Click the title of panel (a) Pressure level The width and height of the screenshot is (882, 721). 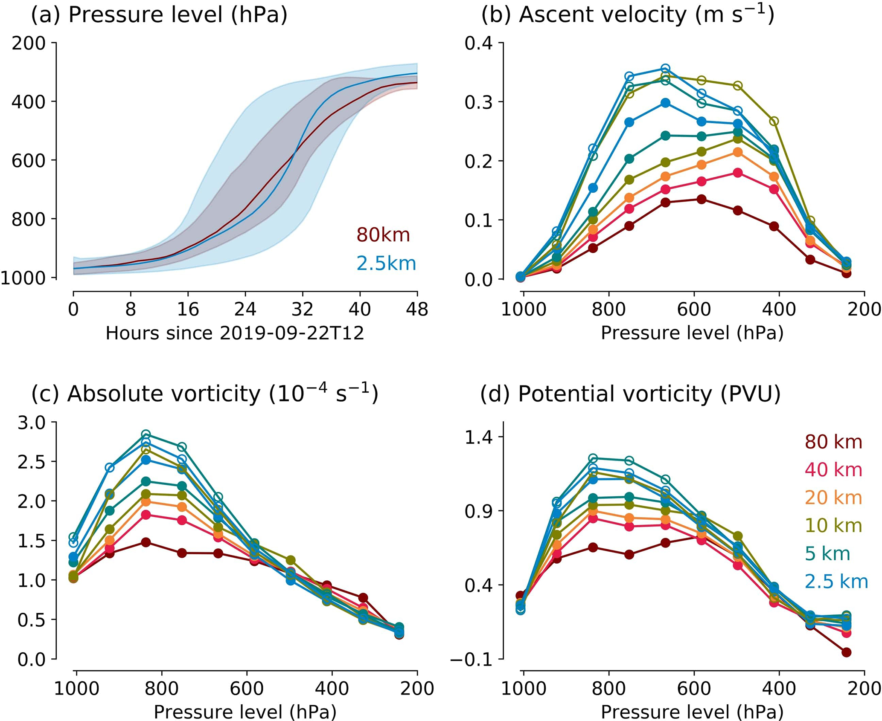tap(159, 15)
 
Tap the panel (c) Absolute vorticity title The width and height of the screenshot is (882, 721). tap(204, 394)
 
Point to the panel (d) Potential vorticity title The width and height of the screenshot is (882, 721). tap(630, 394)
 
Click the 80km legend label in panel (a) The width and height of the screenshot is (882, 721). tap(383, 235)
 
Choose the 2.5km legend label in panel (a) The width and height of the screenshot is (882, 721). tap(386, 263)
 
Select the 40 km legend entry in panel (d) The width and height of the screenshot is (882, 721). tap(833, 469)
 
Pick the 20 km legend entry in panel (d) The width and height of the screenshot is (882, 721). tap(833, 498)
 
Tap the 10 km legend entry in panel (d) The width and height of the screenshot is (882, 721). tap(833, 525)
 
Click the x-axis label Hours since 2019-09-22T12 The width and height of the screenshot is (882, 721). tap(235, 333)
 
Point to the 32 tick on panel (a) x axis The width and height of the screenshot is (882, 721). tap(303, 309)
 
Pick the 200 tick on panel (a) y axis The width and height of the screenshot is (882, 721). tap(29, 43)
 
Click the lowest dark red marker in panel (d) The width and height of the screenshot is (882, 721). tap(847, 652)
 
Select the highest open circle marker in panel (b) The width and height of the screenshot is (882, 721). tap(665, 69)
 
